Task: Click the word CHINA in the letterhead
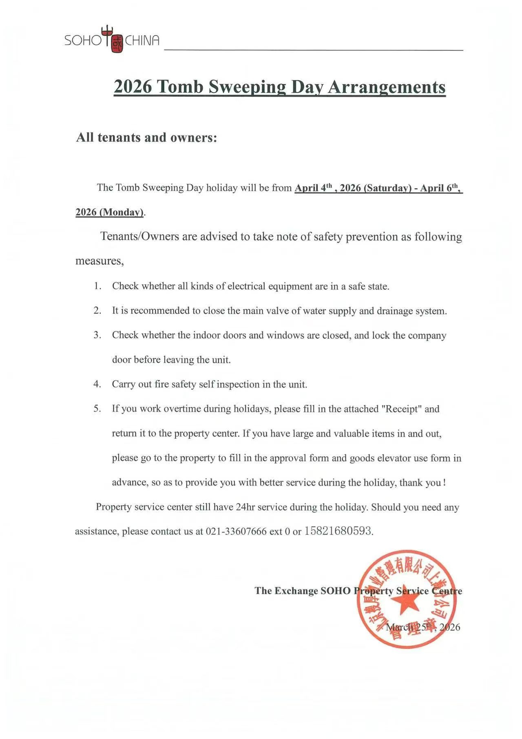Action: pyautogui.click(x=142, y=41)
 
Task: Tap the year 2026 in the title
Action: pyautogui.click(x=133, y=87)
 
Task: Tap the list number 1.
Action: pyautogui.click(x=97, y=286)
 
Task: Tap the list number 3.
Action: pyautogui.click(x=97, y=335)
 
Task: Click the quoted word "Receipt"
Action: pyautogui.click(x=401, y=409)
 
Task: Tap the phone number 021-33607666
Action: pyautogui.click(x=236, y=532)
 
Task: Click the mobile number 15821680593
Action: pyautogui.click(x=338, y=531)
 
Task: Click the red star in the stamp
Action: pyautogui.click(x=406, y=602)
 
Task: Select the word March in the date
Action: pyautogui.click(x=398, y=628)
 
